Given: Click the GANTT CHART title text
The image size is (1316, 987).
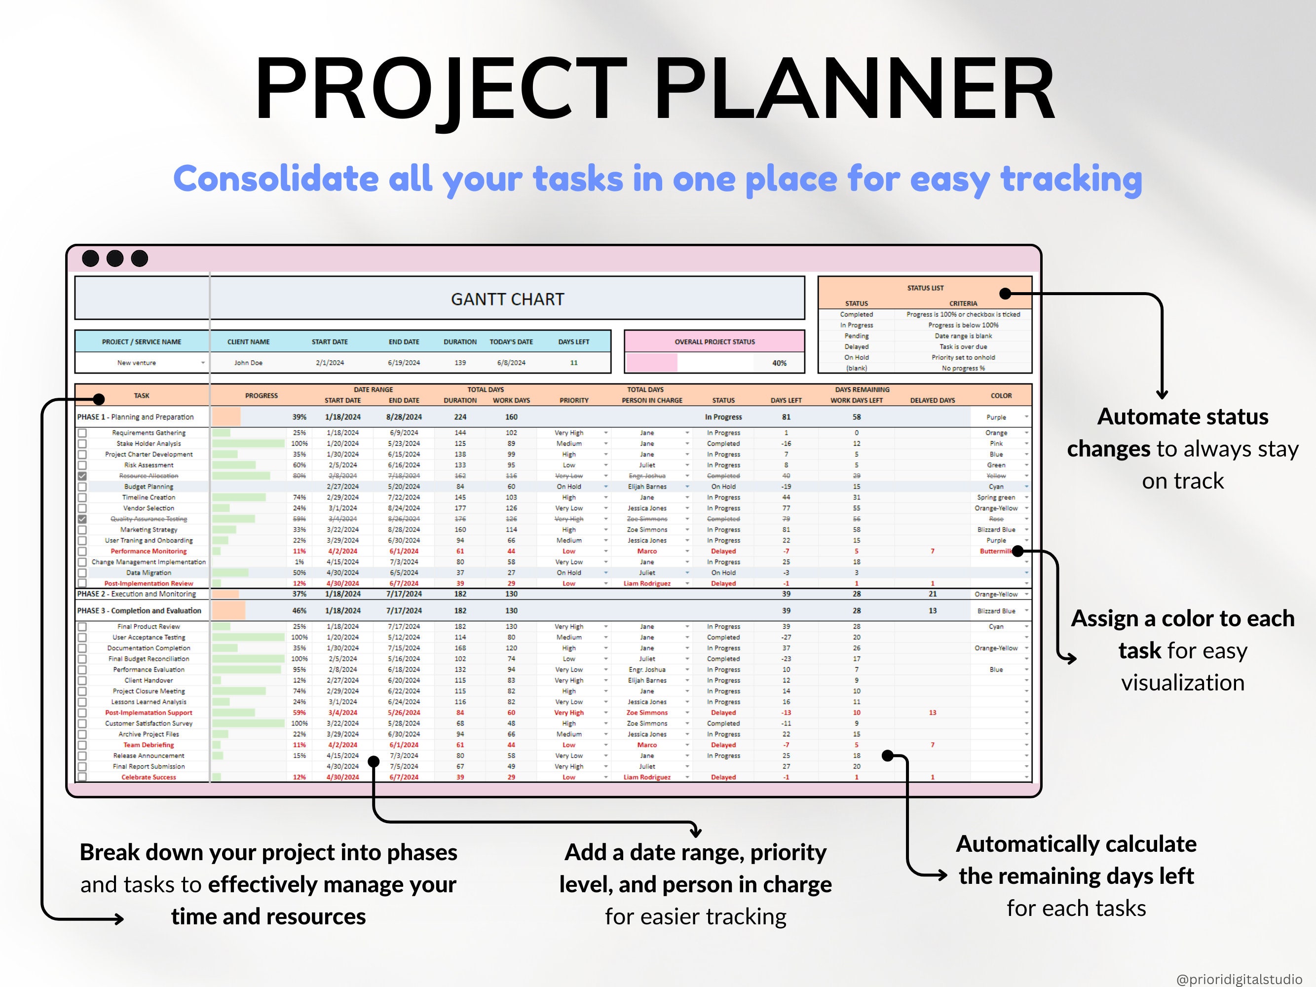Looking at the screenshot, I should (507, 299).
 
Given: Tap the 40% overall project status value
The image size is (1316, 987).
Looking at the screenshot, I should (779, 363).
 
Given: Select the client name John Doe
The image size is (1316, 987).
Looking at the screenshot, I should (248, 362).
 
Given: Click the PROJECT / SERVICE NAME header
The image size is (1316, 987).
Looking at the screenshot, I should (142, 342).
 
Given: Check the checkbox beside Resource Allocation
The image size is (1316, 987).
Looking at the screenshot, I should (82, 476).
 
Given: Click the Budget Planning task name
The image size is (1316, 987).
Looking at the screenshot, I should (149, 487).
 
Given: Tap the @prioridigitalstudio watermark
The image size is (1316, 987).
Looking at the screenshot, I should (1239, 979).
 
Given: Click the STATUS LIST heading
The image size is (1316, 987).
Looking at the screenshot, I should (925, 288).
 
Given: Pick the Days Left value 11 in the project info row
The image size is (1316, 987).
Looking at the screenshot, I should (573, 362).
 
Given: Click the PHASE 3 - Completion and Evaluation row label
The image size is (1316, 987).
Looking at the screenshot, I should (139, 611).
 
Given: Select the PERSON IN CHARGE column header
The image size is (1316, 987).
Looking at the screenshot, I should (652, 400).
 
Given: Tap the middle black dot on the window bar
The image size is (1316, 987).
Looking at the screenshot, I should (115, 259).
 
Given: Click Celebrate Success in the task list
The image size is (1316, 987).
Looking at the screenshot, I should (149, 777).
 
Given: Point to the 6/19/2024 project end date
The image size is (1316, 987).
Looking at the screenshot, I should (404, 362).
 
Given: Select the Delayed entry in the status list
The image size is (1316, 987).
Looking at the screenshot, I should (856, 347).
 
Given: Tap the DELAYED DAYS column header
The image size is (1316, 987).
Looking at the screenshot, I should (932, 400).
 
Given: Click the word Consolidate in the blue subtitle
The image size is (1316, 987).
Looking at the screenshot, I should (275, 179).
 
